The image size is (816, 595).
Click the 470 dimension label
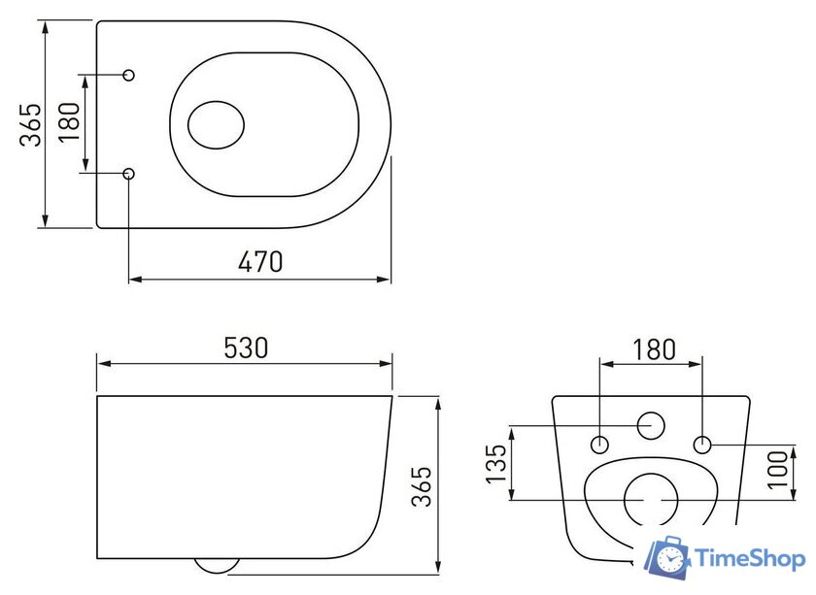(261, 261)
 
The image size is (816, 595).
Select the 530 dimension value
(246, 347)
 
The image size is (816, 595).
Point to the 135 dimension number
(496, 464)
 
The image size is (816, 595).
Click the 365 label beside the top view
(32, 124)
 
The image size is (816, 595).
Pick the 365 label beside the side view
(422, 485)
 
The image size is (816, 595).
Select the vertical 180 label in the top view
(69, 124)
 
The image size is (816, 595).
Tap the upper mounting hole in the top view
(130, 75)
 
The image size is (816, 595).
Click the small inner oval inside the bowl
(216, 124)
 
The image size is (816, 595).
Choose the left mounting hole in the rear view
(600, 445)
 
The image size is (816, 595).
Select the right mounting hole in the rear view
(703, 445)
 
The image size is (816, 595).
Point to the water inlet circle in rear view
(650, 425)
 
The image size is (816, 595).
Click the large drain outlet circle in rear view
(650, 500)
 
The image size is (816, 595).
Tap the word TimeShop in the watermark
(749, 559)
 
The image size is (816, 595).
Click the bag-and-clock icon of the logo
(669, 557)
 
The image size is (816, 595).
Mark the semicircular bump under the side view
(218, 565)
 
